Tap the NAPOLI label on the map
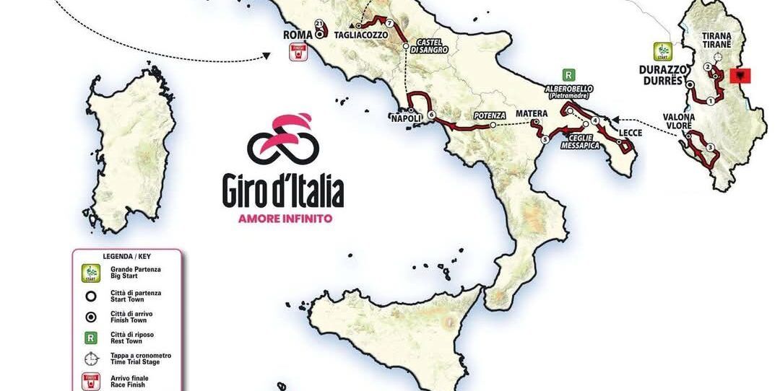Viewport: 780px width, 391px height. (x=404, y=118)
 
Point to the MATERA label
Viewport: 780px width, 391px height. (x=531, y=113)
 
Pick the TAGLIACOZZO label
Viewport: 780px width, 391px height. (x=360, y=35)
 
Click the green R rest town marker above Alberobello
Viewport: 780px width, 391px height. (x=569, y=74)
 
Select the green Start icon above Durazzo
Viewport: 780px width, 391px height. (x=662, y=52)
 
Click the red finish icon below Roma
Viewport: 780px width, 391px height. (x=296, y=52)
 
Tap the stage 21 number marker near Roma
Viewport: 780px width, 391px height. (x=318, y=24)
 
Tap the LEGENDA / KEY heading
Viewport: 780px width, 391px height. (x=126, y=256)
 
